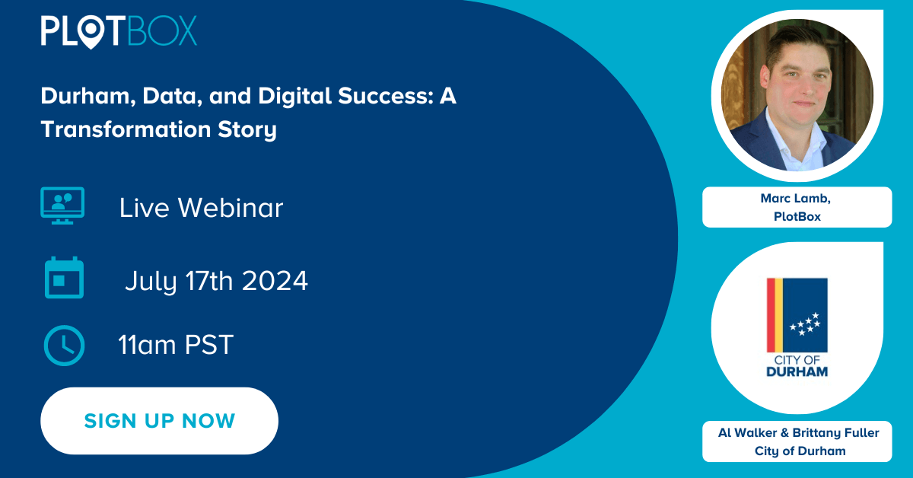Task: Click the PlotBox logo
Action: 119,31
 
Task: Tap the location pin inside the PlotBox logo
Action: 94,31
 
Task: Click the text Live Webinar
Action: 201,208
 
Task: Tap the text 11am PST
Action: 175,346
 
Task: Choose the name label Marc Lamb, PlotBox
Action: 797,207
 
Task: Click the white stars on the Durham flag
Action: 804,323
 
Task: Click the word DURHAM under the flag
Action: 797,371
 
